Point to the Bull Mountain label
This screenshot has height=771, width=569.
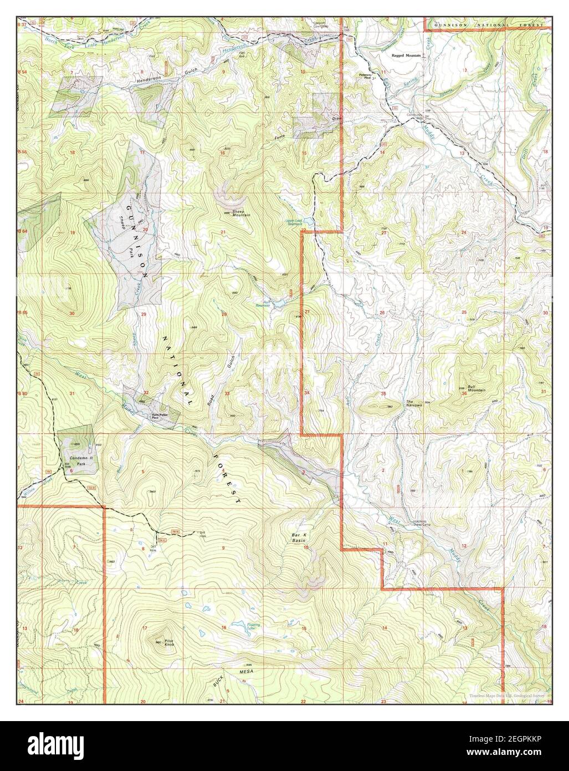[x=476, y=388]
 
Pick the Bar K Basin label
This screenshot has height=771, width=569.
[x=299, y=537]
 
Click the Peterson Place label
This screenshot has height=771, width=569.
[x=365, y=75]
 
